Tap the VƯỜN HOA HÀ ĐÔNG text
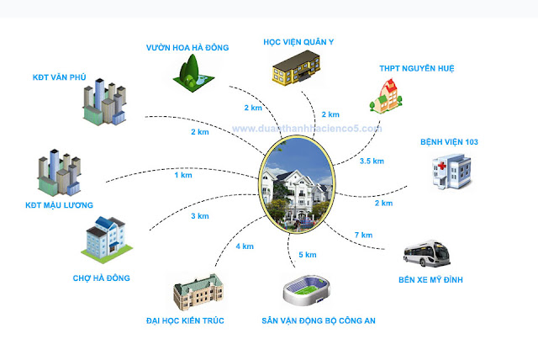tap(187, 46)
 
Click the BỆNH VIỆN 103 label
tap(449, 143)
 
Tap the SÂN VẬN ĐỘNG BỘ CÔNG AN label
tap(317, 320)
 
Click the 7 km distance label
tap(364, 234)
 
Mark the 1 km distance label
tap(182, 175)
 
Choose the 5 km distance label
tap(307, 255)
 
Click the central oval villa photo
tap(293, 185)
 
